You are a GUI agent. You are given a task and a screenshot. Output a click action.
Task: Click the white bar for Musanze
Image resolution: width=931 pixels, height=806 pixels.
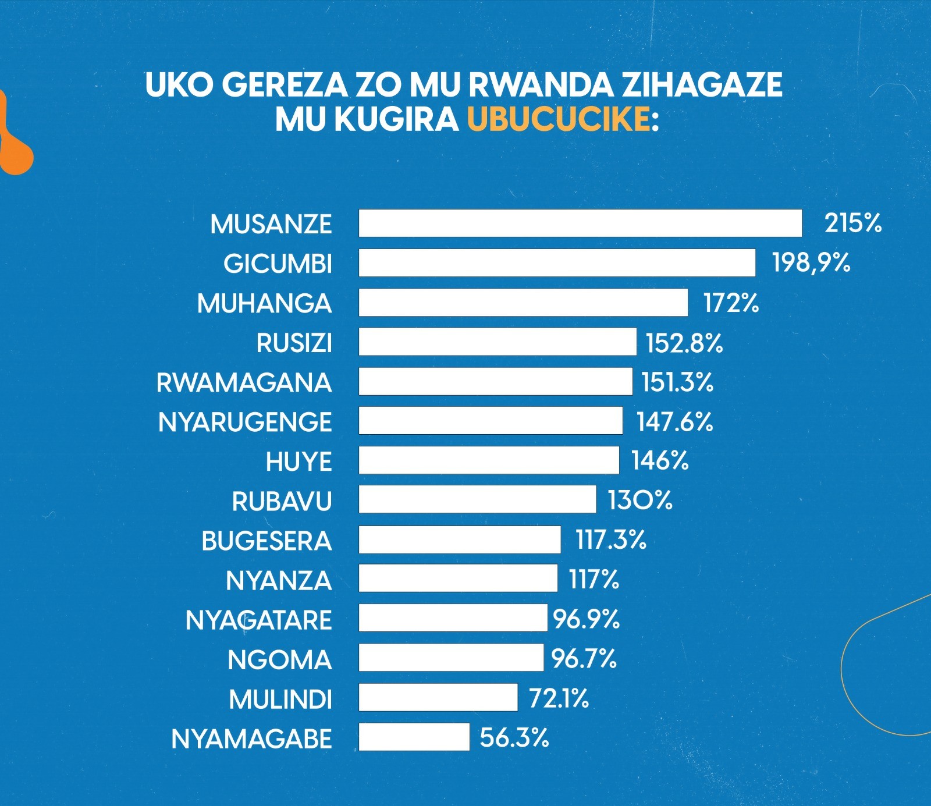click(580, 223)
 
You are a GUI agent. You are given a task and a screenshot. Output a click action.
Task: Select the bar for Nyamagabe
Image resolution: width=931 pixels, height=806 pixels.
click(414, 737)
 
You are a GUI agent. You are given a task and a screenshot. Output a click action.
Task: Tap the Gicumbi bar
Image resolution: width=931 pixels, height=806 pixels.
click(557, 263)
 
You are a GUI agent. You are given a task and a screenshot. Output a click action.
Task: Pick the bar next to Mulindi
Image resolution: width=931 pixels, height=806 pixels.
click(438, 697)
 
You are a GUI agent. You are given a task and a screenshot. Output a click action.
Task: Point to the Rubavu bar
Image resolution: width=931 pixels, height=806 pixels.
click(477, 499)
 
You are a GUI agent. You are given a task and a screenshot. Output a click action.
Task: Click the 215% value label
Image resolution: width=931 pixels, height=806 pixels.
click(853, 223)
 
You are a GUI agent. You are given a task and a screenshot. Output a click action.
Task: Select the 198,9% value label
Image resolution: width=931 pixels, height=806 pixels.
click(811, 263)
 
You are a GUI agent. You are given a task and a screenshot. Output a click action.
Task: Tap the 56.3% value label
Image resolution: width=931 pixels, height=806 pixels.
click(514, 737)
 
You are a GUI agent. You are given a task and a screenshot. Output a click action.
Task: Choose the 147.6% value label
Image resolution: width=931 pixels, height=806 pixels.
click(674, 422)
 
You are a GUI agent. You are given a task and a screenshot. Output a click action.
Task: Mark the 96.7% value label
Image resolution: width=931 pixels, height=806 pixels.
click(584, 659)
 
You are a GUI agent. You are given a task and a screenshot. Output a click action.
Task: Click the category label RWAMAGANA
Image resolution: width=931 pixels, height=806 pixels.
click(244, 383)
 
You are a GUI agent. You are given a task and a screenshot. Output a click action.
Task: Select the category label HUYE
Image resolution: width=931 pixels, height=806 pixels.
click(299, 462)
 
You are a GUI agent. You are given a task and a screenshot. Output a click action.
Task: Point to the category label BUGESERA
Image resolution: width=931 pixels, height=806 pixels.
click(266, 541)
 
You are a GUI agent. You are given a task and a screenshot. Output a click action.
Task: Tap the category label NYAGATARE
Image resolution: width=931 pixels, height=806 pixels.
click(258, 620)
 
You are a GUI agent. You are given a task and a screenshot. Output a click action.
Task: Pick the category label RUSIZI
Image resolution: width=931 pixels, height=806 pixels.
click(294, 343)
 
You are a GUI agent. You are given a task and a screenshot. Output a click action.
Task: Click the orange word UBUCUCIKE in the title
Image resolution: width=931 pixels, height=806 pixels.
click(559, 119)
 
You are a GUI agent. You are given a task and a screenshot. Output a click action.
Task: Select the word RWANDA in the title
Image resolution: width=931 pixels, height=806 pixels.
click(541, 85)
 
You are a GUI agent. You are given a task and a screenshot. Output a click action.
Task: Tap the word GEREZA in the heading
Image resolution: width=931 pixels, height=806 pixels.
click(285, 85)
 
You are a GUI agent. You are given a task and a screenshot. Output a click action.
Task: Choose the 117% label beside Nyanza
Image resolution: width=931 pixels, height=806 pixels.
click(594, 580)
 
